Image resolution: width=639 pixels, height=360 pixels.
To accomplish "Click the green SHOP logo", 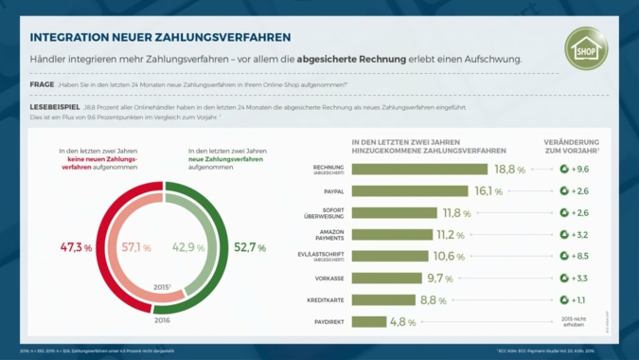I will click(x=586, y=47).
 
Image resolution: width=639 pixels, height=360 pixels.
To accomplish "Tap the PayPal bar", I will click(x=408, y=191).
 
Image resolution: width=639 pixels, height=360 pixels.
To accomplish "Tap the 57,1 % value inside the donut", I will click(x=134, y=247).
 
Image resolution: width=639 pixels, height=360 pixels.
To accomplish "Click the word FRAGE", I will click(x=42, y=85).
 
